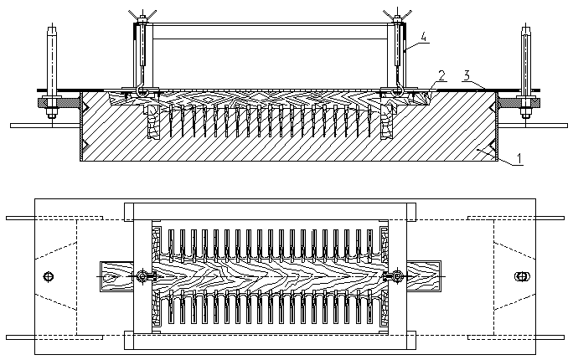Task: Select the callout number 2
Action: coord(441,74)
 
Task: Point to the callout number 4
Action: coord(425,36)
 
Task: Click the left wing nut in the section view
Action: coord(140,13)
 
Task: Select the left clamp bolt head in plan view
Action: coord(145,277)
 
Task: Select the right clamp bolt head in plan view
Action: coord(390,277)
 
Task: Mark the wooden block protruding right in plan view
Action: coord(423,275)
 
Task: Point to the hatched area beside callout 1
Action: coord(469,147)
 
